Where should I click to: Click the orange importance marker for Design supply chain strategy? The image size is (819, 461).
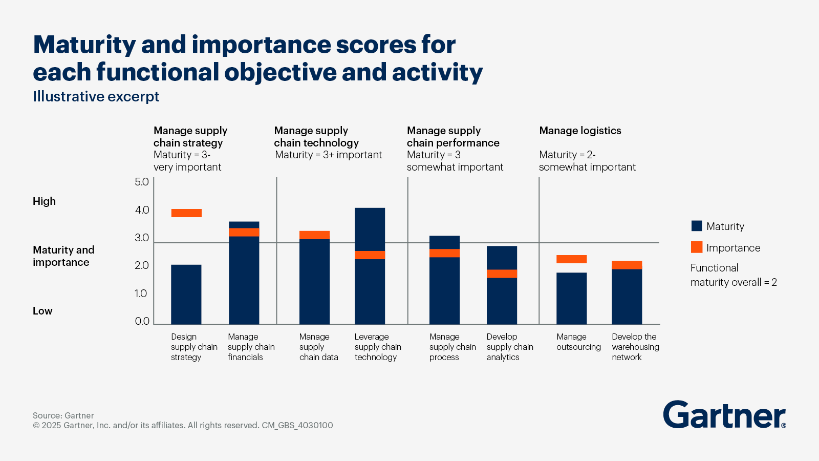[x=186, y=213]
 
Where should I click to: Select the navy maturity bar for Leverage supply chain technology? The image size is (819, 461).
[x=370, y=292]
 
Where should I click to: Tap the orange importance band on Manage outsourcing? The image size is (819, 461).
[x=571, y=259]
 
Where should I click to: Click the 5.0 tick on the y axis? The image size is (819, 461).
[x=142, y=182]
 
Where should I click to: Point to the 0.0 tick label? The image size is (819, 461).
[x=142, y=321]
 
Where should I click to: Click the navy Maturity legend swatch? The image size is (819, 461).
[x=697, y=226]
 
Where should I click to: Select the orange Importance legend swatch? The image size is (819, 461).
[x=697, y=247]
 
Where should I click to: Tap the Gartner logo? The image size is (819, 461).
[x=724, y=414]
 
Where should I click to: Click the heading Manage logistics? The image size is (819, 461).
[x=580, y=131]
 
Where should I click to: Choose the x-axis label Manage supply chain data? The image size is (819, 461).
[x=318, y=347]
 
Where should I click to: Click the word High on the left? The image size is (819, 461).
[x=44, y=201]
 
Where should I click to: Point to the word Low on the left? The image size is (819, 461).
[x=42, y=311]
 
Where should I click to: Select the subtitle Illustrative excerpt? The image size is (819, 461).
[x=96, y=96]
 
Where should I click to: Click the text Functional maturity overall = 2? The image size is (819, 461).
[x=733, y=275]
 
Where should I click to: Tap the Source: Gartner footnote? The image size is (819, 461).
[x=63, y=415]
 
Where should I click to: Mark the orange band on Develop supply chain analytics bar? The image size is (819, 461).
[x=502, y=274]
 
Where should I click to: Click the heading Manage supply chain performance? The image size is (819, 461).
[x=453, y=137]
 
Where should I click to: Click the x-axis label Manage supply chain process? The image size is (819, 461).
[x=452, y=347]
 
